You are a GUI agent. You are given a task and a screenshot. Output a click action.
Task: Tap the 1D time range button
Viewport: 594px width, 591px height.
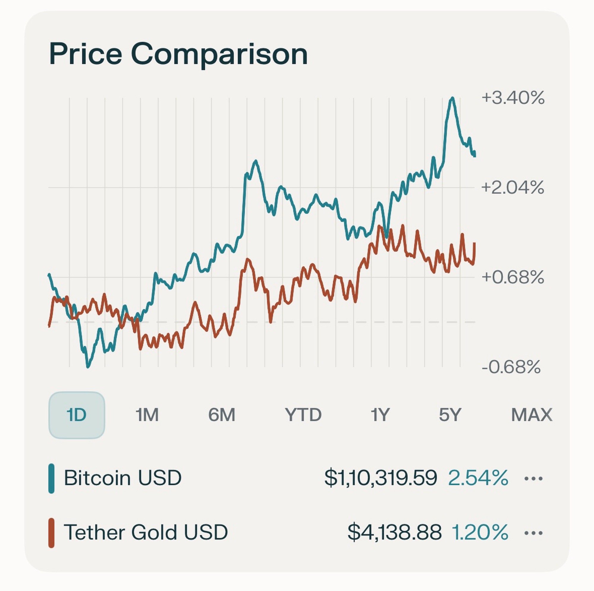pos(77,415)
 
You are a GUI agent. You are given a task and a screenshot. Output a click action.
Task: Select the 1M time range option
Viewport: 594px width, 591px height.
pos(147,415)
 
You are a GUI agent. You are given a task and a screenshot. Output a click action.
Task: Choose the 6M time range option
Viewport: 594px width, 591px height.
pos(221,415)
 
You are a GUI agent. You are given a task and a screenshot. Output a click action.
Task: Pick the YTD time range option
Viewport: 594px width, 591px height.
pos(303,415)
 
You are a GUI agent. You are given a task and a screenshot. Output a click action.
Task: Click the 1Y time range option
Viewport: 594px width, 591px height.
pos(380,415)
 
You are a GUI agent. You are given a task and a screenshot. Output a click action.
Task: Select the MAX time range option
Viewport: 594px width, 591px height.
pos(531,415)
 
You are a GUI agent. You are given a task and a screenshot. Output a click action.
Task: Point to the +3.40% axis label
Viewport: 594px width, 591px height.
pos(513,98)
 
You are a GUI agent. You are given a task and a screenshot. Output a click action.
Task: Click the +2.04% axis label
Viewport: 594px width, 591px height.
pos(513,188)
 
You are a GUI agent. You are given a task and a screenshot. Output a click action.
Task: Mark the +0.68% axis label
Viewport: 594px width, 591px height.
pos(513,277)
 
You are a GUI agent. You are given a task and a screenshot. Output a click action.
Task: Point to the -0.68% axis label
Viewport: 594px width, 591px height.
pos(511,367)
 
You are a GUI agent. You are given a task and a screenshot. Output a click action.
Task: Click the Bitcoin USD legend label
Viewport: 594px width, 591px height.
pos(123,478)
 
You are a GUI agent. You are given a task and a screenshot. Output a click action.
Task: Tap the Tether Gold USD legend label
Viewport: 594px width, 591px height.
pos(146,532)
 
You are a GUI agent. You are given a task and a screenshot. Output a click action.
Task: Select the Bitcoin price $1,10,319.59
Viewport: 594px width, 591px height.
pos(381,478)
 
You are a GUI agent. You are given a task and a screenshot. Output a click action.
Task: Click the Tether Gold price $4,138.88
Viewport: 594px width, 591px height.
pos(394,532)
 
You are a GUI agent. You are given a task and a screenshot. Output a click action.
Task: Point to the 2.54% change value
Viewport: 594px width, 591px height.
pos(478,478)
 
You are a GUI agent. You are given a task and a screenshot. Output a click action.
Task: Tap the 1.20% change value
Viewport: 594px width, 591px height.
pos(480,532)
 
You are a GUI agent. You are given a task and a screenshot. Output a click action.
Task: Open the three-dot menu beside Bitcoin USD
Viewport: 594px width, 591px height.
pos(533,479)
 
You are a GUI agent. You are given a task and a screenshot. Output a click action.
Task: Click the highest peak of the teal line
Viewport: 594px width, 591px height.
pos(452,98)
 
